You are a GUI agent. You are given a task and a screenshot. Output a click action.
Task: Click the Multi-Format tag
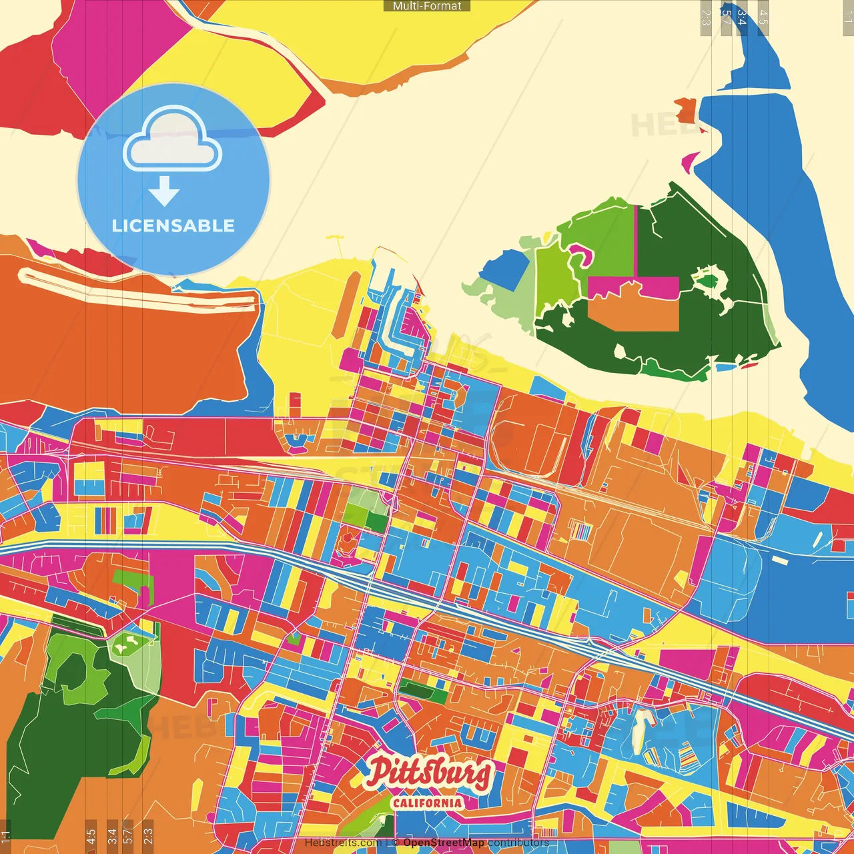(427, 6)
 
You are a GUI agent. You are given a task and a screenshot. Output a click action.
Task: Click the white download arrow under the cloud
(164, 191)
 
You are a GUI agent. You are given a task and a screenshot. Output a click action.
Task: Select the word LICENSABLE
(173, 226)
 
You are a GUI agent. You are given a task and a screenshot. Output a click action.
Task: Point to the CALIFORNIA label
(427, 803)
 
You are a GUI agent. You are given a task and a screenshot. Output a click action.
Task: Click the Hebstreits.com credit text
(343, 843)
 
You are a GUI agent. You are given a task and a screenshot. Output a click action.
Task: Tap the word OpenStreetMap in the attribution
(444, 843)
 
